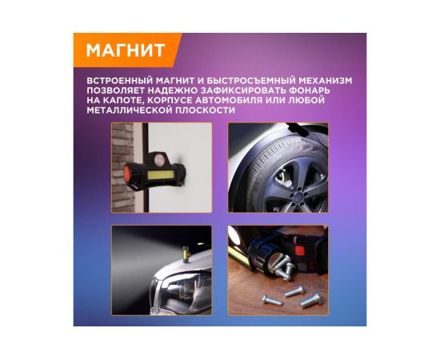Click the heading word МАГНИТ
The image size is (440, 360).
pos(125,50)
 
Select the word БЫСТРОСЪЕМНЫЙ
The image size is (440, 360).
pos(251,81)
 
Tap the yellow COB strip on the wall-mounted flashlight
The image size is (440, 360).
pos(160,175)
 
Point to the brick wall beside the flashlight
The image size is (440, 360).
pos(122,167)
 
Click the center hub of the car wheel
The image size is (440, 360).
pos(298,195)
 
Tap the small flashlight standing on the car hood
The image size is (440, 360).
pos(186,254)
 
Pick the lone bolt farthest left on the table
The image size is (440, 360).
pos(272,301)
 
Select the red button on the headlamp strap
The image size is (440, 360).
pos(299,250)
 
